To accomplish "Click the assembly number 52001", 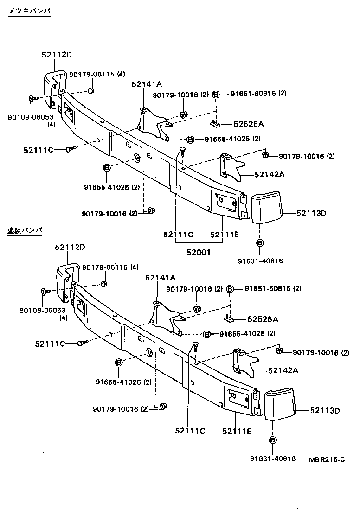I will pyautogui.click(x=199, y=253).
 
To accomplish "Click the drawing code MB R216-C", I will pyautogui.click(x=327, y=459).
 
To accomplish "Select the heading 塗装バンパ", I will pyautogui.click(x=26, y=230).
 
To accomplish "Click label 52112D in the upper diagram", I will pyautogui.click(x=57, y=55).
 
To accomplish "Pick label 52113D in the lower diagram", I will pyautogui.click(x=325, y=410).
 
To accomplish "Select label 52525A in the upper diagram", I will pyautogui.click(x=249, y=124).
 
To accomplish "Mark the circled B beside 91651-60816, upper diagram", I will pyautogui.click(x=216, y=94).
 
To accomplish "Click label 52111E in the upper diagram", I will pyautogui.click(x=224, y=235).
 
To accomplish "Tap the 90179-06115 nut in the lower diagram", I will pyautogui.click(x=104, y=284).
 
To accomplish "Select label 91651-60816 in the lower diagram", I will pyautogui.click(x=267, y=288).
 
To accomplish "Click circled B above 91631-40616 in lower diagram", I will pyautogui.click(x=272, y=440).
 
